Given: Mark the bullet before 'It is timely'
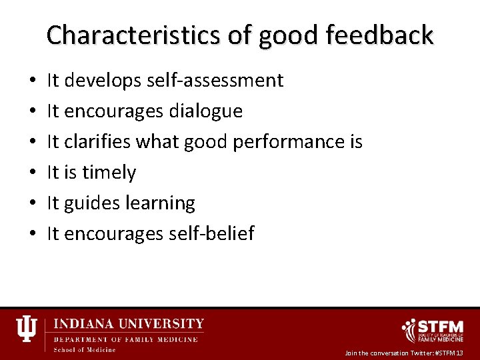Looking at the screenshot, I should [x=33, y=173].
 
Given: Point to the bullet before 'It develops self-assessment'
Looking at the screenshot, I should [x=33, y=81].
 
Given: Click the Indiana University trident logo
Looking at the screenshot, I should [x=27, y=329].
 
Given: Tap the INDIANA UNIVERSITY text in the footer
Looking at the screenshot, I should [x=129, y=324].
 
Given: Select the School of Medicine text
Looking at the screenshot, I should [x=84, y=349].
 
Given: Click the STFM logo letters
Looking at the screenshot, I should [x=441, y=327].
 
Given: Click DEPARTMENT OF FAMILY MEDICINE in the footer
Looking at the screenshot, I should [x=125, y=339].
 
